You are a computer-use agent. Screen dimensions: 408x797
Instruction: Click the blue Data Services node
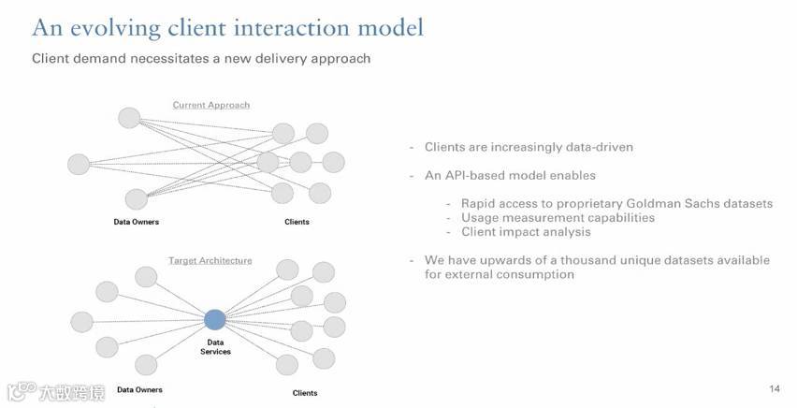click(x=215, y=320)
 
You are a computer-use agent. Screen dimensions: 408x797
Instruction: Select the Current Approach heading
click(x=211, y=105)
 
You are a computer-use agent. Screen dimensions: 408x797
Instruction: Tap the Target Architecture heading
click(x=210, y=260)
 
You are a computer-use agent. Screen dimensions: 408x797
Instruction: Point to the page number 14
click(x=774, y=388)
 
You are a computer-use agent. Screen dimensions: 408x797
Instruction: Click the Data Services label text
click(x=215, y=346)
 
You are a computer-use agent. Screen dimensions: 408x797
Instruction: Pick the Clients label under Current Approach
click(x=297, y=222)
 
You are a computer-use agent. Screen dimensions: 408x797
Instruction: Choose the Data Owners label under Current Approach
click(x=137, y=222)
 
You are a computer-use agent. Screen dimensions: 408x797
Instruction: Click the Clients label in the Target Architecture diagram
click(x=305, y=393)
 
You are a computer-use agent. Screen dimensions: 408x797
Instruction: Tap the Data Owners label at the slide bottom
click(x=139, y=389)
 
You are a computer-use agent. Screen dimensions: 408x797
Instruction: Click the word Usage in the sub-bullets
click(x=480, y=218)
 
